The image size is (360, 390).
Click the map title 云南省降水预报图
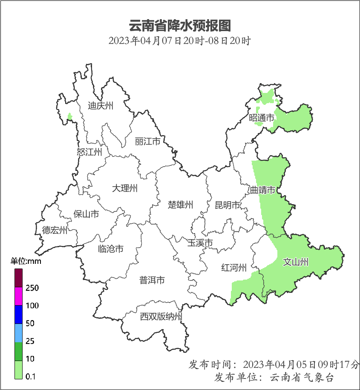(179, 26)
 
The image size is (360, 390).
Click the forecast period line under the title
(179, 41)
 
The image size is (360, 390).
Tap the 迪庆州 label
(101, 106)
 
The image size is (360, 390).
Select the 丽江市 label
(147, 141)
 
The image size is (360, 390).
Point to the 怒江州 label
(89, 152)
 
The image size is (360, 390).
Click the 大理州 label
(125, 188)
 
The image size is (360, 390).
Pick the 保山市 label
(86, 214)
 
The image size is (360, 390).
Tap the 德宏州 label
(55, 231)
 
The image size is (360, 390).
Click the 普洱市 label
(152, 280)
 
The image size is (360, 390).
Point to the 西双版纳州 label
(161, 317)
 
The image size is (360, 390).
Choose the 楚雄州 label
(181, 205)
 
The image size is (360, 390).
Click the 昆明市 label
(228, 206)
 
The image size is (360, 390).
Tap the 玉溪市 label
(200, 243)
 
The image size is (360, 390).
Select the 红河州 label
(234, 268)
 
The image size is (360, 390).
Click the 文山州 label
(296, 262)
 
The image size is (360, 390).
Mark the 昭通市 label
(262, 118)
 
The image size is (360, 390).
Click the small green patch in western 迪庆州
(69, 116)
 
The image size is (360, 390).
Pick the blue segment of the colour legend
(18, 315)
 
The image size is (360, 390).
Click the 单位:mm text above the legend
(26, 261)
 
